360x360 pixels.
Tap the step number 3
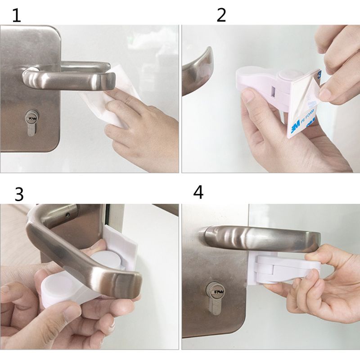pyautogui.click(x=18, y=193)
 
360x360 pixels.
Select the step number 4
pyautogui.click(x=198, y=192)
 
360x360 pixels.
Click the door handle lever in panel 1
pyautogui.click(x=67, y=79)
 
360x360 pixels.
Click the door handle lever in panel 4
pyautogui.click(x=261, y=236)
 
